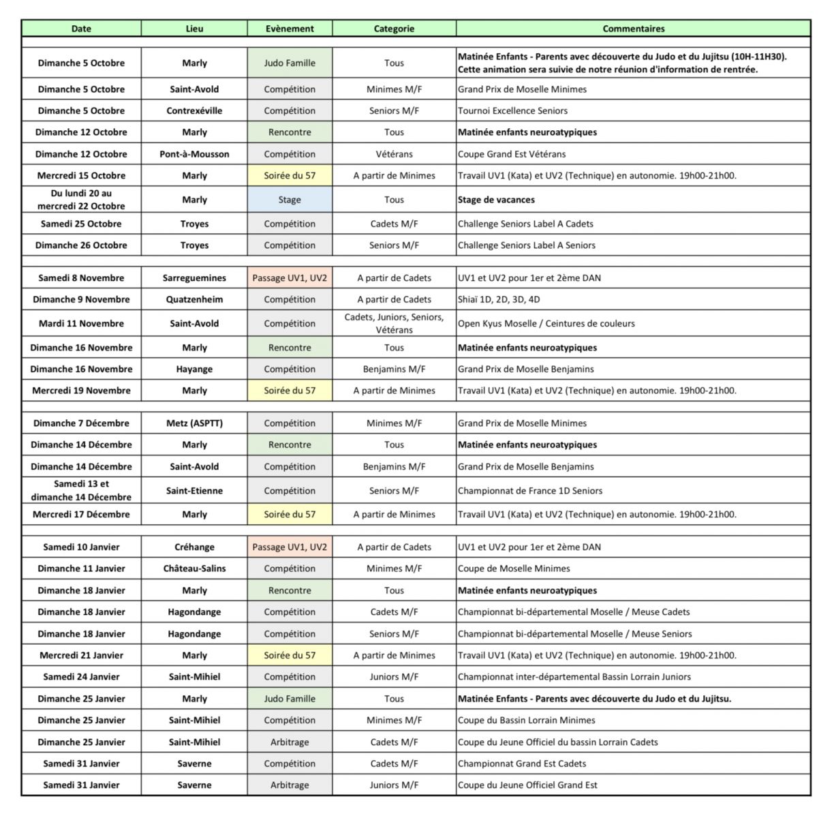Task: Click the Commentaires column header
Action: (x=633, y=29)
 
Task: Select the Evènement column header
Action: (x=290, y=29)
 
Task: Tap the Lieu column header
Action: (x=194, y=29)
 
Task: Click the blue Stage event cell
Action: (x=290, y=200)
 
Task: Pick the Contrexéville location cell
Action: (x=194, y=110)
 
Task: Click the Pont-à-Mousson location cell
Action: (x=194, y=154)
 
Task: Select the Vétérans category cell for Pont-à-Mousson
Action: (x=394, y=154)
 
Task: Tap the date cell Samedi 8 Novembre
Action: (x=81, y=277)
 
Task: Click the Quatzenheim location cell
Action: (x=194, y=299)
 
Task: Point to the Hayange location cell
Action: (x=194, y=369)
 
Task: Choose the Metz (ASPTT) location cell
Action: (x=194, y=423)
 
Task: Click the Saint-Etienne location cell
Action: (x=194, y=490)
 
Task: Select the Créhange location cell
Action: (x=194, y=547)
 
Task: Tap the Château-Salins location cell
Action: (x=194, y=569)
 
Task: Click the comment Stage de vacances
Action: (x=496, y=200)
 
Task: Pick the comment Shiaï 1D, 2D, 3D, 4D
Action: (x=499, y=299)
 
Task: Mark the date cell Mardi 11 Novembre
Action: (x=81, y=323)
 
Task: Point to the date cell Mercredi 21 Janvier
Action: (x=81, y=655)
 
